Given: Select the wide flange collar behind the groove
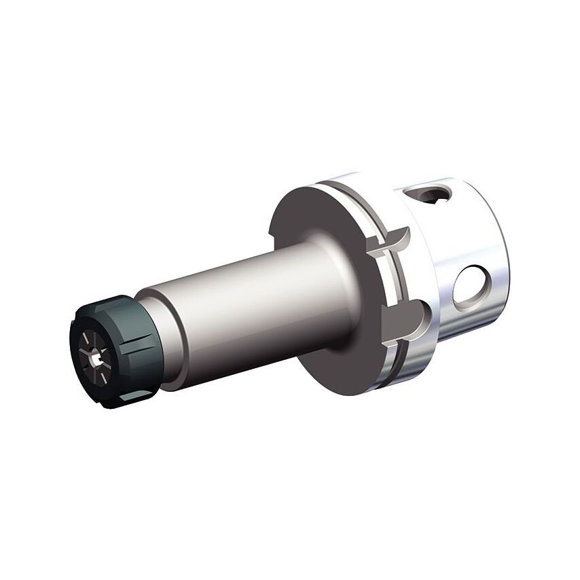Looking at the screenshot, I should tap(360, 204).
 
